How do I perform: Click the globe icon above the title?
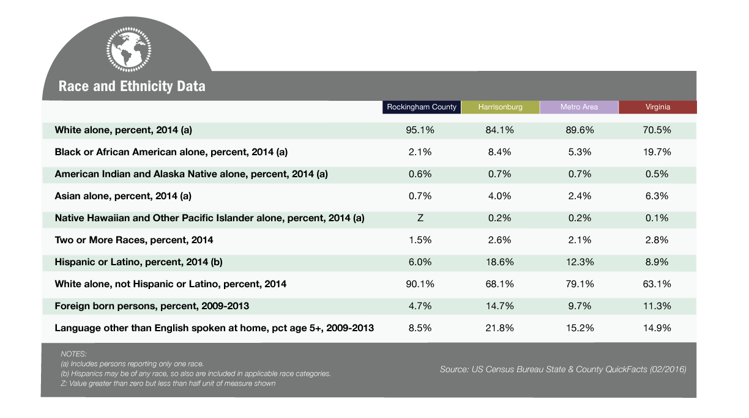point(129,50)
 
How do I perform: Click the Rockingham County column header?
point(421,107)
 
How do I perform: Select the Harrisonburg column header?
point(500,107)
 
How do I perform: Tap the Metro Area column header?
point(579,107)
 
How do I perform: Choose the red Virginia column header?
point(658,107)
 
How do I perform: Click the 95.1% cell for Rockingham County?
point(420,130)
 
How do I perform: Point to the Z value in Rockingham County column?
point(420,218)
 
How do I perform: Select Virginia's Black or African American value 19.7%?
point(657,152)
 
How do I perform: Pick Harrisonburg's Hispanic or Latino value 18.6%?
point(499,262)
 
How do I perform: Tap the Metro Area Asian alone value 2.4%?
point(579,196)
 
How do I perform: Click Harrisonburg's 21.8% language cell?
point(499,328)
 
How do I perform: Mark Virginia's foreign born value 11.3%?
point(657,306)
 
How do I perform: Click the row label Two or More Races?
point(134,240)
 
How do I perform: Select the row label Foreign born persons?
point(152,306)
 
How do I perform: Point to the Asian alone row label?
point(123,196)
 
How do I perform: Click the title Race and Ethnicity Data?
point(132,86)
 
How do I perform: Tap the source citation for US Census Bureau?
point(563,369)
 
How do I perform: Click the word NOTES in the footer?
point(73,354)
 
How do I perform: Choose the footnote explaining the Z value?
point(168,383)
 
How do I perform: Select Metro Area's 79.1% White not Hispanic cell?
point(579,284)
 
